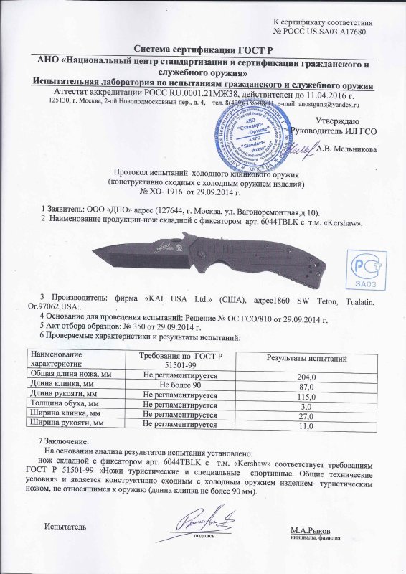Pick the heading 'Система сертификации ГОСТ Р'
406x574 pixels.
pos(203,49)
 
